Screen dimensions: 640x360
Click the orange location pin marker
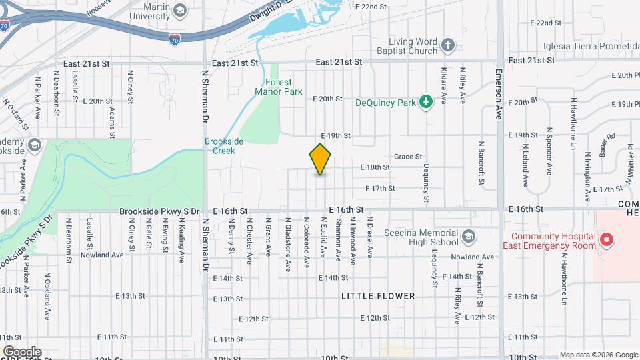[321, 159]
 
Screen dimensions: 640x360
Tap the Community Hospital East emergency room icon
[606, 239]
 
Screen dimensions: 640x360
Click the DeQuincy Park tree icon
[423, 102]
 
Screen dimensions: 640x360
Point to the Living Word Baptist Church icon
[449, 46]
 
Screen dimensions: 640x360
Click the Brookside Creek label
[219, 146]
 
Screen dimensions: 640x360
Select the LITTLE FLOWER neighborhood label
[378, 296]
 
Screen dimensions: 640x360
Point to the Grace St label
[408, 157]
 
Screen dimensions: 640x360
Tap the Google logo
[21, 351]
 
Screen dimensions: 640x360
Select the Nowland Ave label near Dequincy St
[471, 257]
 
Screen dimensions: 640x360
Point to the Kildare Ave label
[444, 86]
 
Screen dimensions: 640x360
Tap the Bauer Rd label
[607, 143]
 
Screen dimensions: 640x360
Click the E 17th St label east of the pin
[380, 189]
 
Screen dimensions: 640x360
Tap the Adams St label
[111, 119]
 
